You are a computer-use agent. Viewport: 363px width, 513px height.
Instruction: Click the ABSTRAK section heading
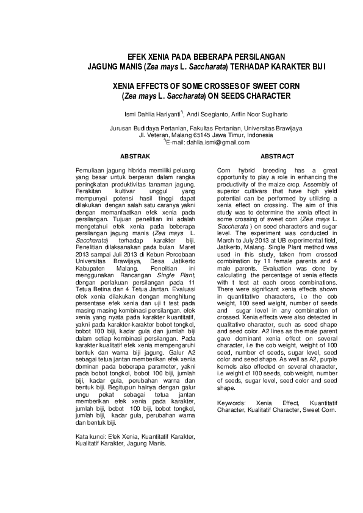click(135, 157)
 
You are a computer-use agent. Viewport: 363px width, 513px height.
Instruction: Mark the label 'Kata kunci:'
click(90, 436)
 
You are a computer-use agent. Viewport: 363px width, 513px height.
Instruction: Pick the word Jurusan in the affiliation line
click(120, 129)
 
